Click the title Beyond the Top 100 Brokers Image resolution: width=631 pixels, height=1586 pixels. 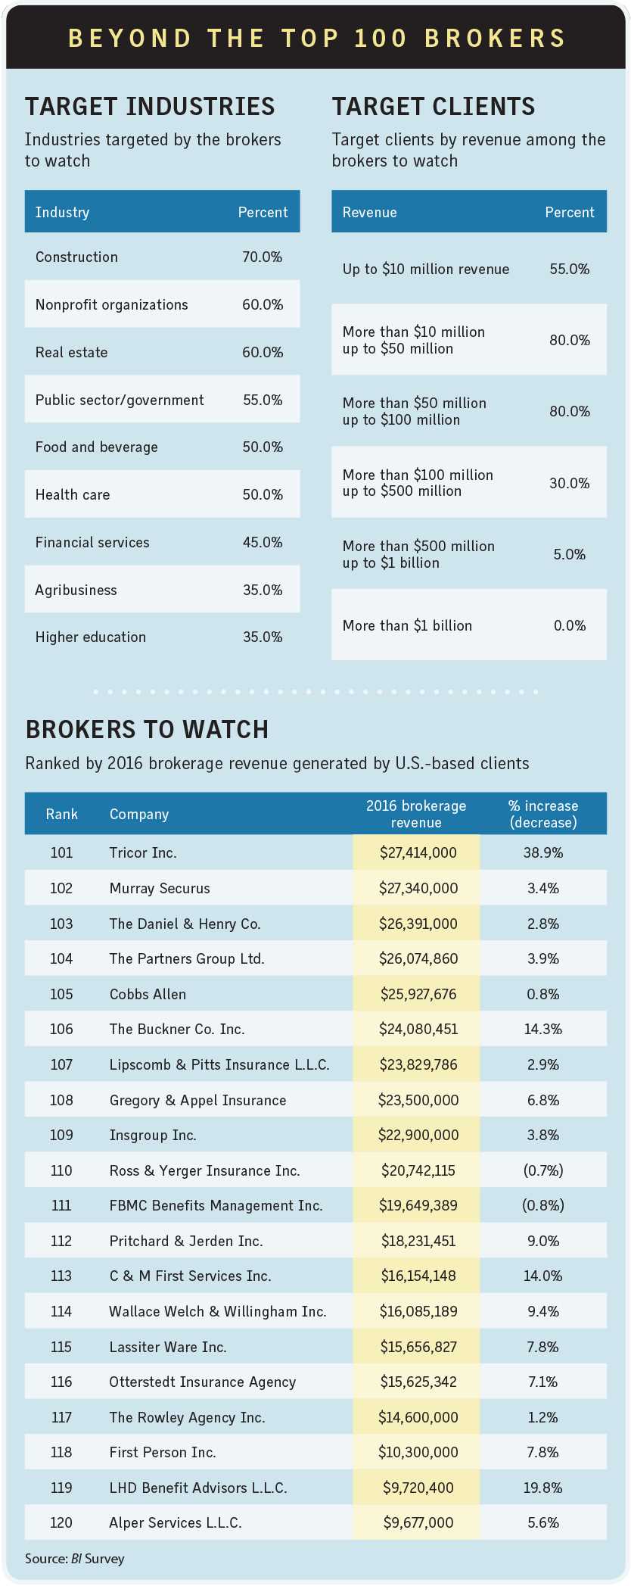316,38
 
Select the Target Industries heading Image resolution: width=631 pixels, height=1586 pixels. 150,107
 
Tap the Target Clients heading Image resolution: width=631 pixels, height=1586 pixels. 434,107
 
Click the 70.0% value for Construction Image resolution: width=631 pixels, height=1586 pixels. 263,257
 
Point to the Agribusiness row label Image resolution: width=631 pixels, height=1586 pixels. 76,590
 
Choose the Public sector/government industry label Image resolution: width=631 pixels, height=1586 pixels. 120,400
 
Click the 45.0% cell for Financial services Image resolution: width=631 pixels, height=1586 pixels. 263,543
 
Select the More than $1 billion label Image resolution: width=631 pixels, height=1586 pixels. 407,626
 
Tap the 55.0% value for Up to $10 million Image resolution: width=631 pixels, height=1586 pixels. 570,270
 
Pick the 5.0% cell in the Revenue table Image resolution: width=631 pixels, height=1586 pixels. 570,555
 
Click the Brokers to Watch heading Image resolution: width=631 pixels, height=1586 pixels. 148,730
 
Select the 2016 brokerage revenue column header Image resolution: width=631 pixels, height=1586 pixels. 416,814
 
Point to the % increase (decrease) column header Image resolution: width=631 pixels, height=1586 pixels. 543,814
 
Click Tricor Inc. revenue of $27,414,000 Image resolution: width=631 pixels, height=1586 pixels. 418,853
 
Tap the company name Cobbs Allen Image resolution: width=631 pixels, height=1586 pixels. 148,995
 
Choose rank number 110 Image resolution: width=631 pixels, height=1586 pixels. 61,1171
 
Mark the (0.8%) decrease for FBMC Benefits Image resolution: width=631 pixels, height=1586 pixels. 543,1206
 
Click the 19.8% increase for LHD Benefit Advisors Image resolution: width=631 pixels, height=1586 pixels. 543,1488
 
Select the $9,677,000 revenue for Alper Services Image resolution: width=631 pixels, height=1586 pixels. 418,1523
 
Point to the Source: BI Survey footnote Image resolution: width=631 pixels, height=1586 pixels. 75,1559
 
